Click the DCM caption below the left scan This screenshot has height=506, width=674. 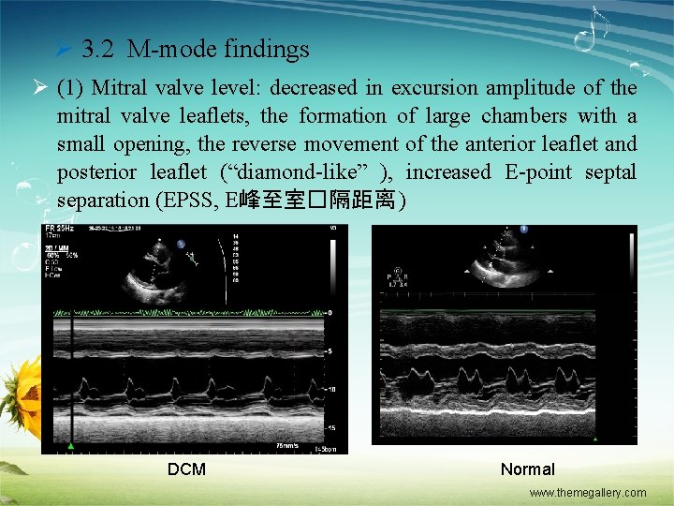(x=186, y=469)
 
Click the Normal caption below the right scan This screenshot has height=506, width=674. (x=527, y=469)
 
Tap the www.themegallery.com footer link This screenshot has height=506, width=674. (x=587, y=493)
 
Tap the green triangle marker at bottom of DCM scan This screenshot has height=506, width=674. (x=71, y=444)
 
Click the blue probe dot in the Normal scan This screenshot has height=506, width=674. (x=524, y=230)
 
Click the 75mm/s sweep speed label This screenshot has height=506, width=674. (x=288, y=444)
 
